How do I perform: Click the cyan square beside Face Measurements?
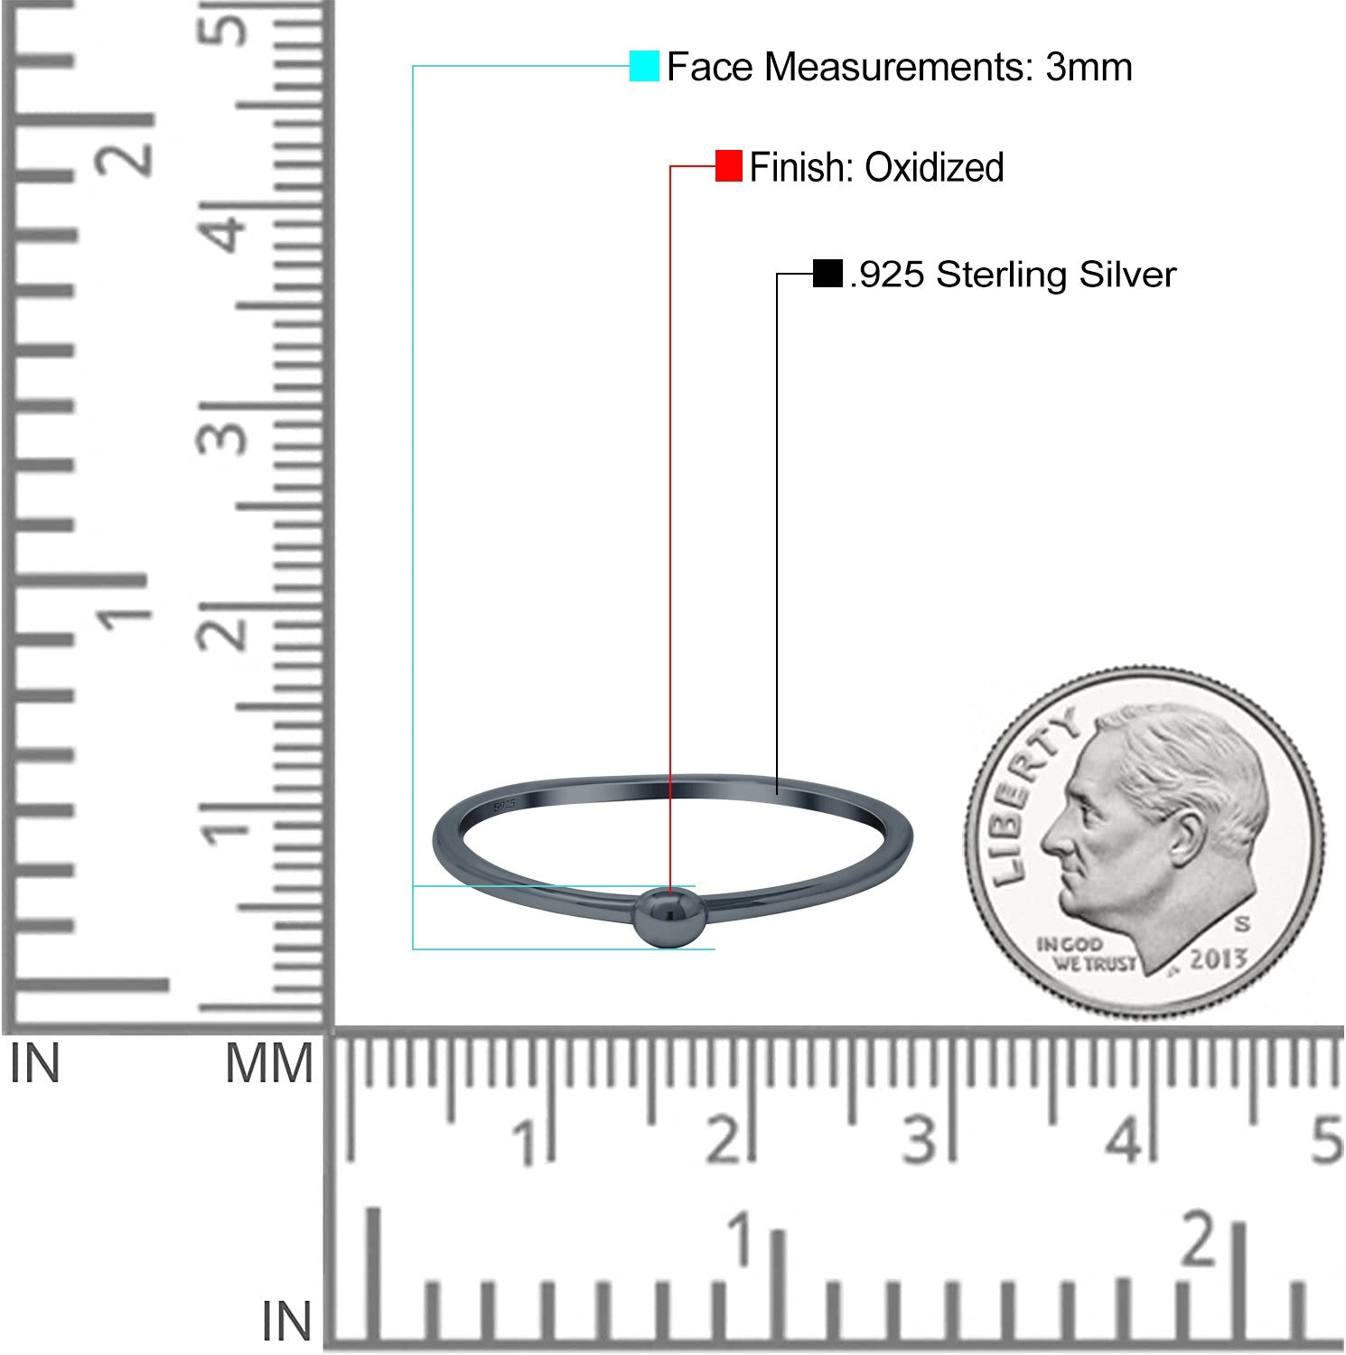(644, 66)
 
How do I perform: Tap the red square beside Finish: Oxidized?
(728, 166)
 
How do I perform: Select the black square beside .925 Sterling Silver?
(827, 273)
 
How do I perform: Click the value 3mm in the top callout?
(1089, 67)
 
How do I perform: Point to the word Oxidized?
(934, 167)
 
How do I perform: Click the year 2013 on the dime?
(1217, 958)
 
